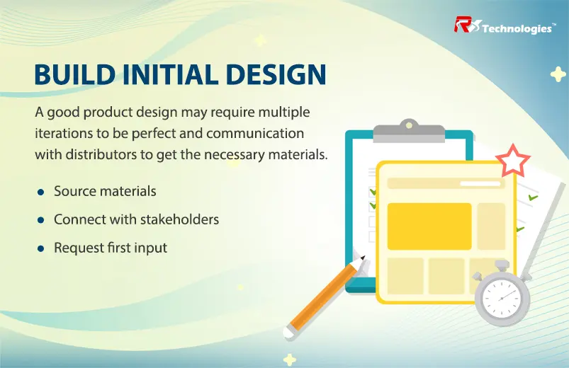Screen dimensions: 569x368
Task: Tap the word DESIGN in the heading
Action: click(276, 74)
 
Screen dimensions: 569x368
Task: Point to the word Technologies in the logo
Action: click(517, 28)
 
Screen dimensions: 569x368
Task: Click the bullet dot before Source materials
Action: click(40, 192)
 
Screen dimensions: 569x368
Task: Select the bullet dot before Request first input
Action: click(40, 248)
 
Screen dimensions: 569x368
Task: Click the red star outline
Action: click(513, 161)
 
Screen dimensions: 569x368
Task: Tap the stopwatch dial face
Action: click(502, 299)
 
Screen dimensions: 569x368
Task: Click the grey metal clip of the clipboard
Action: click(409, 131)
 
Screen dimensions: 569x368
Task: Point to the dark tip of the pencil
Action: click(363, 258)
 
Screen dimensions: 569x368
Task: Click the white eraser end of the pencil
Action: click(289, 333)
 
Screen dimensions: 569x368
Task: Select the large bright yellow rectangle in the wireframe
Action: click(429, 226)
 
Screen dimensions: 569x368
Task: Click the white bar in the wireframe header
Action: click(480, 183)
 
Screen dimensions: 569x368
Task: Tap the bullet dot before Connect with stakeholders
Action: click(40, 220)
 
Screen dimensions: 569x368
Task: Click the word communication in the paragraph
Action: click(255, 134)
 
